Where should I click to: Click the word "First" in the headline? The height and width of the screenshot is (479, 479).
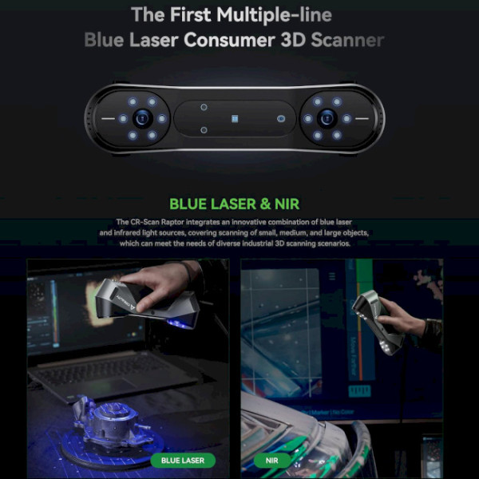pos(190,14)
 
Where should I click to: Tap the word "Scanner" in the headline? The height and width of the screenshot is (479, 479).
pos(347,40)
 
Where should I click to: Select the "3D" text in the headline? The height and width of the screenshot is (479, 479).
pos(293,40)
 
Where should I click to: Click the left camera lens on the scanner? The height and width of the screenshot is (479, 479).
pos(143,118)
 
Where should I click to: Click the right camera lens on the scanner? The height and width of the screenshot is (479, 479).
pos(327,118)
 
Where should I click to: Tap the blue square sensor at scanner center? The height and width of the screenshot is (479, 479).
pos(235,119)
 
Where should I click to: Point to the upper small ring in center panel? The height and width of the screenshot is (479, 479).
pos(204,107)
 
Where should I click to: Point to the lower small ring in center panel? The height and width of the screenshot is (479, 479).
pos(204,130)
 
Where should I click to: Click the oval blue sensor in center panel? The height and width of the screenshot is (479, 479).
pos(281,119)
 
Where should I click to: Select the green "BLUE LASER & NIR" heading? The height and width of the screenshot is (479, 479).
pos(234,204)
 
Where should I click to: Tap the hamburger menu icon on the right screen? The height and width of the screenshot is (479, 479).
pos(332,276)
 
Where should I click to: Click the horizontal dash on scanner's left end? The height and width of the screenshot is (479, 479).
pos(108,118)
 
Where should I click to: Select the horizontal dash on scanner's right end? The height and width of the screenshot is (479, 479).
pos(362,118)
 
